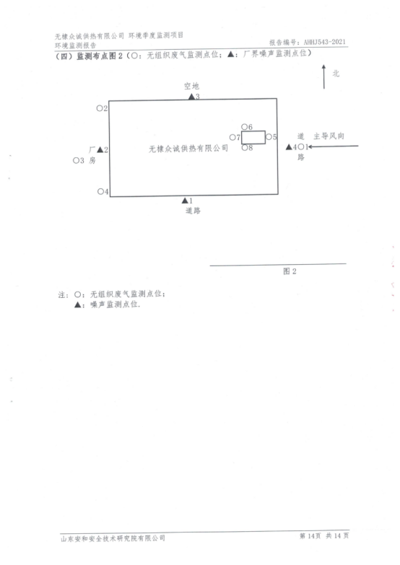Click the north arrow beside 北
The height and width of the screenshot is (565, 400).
tap(324, 76)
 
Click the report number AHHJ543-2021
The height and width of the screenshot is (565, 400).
tap(325, 42)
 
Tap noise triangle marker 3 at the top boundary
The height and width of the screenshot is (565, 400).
tap(191, 97)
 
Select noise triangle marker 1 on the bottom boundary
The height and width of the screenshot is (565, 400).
tap(185, 201)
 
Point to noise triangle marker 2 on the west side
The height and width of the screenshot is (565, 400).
tap(100, 149)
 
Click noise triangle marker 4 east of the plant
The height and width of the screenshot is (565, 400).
tap(289, 147)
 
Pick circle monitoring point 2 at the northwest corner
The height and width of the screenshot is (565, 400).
tap(100, 108)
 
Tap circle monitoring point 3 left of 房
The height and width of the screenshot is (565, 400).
tap(76, 160)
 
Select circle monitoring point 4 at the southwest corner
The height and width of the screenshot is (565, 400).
tap(100, 191)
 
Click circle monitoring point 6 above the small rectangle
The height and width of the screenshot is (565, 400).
tap(244, 126)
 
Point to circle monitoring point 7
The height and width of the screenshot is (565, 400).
tap(232, 137)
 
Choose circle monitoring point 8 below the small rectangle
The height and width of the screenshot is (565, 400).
tap(245, 147)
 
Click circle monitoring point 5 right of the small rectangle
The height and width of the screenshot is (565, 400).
tap(269, 136)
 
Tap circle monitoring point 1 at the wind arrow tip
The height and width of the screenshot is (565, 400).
tap(301, 146)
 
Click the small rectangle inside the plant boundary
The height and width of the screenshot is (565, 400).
tap(253, 131)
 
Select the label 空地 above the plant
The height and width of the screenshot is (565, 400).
tap(191, 86)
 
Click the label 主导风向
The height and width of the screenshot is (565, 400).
tap(329, 136)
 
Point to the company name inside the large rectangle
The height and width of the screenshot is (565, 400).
tap(188, 149)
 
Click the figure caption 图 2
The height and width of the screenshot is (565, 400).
tap(290, 271)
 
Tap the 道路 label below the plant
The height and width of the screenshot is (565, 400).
tap(193, 211)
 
